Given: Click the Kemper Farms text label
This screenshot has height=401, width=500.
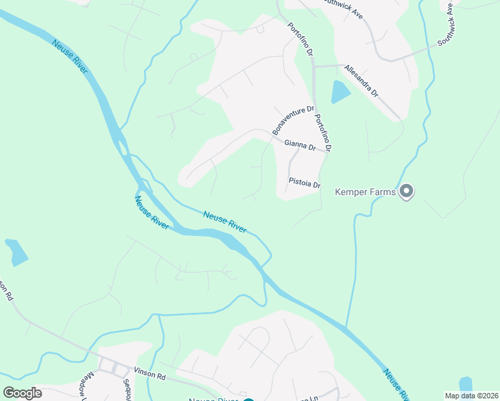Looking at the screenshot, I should pyautogui.click(x=366, y=192).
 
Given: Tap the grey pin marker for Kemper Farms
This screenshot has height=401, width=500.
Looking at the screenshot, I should pyautogui.click(x=406, y=192).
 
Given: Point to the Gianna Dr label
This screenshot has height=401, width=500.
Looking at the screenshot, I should pyautogui.click(x=299, y=144).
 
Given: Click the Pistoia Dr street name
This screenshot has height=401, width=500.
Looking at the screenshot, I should pyautogui.click(x=305, y=182).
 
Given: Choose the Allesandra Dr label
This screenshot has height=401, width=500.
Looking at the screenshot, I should pyautogui.click(x=361, y=81).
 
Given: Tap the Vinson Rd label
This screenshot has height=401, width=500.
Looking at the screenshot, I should pyautogui.click(x=149, y=376).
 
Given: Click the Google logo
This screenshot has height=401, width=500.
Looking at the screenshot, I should pyautogui.click(x=23, y=393).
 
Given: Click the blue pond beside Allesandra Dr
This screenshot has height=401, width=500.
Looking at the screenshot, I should pyautogui.click(x=340, y=92).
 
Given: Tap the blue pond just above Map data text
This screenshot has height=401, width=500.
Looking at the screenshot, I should pyautogui.click(x=465, y=384).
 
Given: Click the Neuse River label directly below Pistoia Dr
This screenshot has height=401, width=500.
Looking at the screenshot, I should pyautogui.click(x=225, y=221).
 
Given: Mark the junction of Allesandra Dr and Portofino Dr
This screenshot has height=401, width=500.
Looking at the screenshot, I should pyautogui.click(x=314, y=66).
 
